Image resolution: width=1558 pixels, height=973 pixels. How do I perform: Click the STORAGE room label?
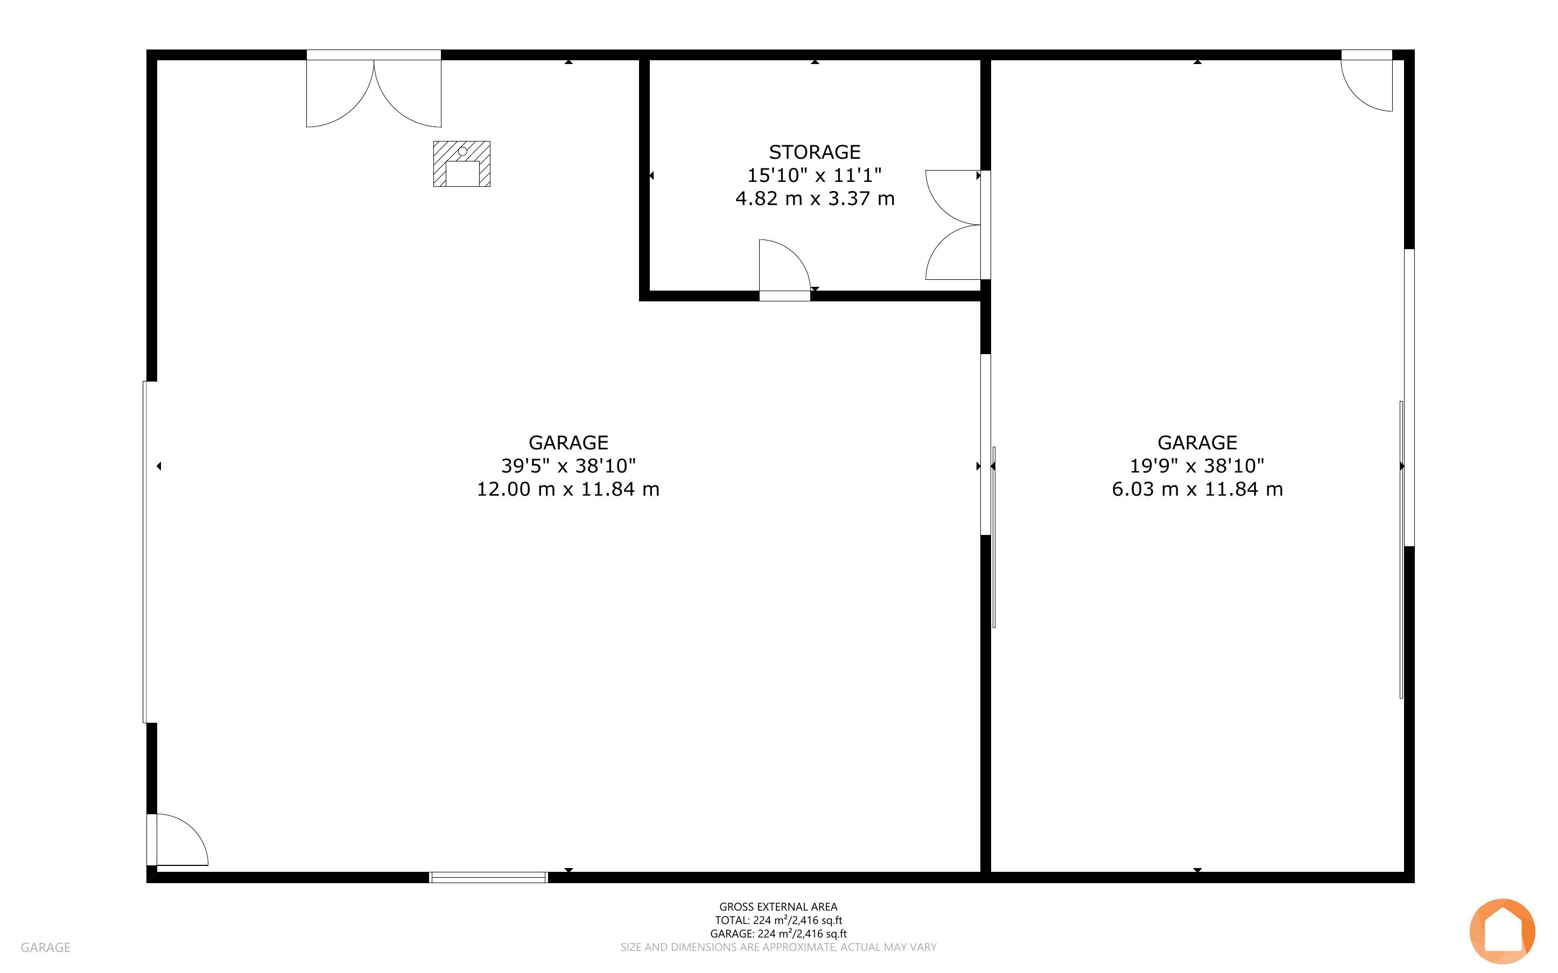(x=814, y=152)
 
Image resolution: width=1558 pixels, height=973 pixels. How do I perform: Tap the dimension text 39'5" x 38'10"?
(x=569, y=466)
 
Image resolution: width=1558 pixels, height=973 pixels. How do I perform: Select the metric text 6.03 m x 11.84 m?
(x=1197, y=489)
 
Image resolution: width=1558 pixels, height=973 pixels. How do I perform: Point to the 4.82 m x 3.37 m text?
(x=815, y=198)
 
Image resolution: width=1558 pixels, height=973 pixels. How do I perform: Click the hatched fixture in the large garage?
(x=461, y=164)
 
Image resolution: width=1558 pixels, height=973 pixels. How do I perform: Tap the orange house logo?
(x=1502, y=930)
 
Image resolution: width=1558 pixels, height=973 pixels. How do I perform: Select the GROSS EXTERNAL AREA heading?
(x=778, y=907)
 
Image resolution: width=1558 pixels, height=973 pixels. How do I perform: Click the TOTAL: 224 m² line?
(x=778, y=920)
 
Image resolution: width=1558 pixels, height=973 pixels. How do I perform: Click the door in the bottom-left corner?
(x=178, y=839)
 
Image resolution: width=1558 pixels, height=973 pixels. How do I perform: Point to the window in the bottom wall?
(x=488, y=877)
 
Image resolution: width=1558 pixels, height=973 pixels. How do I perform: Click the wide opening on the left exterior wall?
(x=148, y=552)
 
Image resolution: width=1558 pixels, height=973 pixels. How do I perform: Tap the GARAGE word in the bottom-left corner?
(x=45, y=947)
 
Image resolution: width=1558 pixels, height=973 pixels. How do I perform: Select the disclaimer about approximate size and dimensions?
(x=778, y=947)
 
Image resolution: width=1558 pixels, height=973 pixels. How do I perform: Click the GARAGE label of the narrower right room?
(x=1197, y=443)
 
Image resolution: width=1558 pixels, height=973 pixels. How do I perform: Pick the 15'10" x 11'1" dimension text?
(x=814, y=175)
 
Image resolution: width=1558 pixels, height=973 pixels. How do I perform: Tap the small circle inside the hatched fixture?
(x=462, y=151)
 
